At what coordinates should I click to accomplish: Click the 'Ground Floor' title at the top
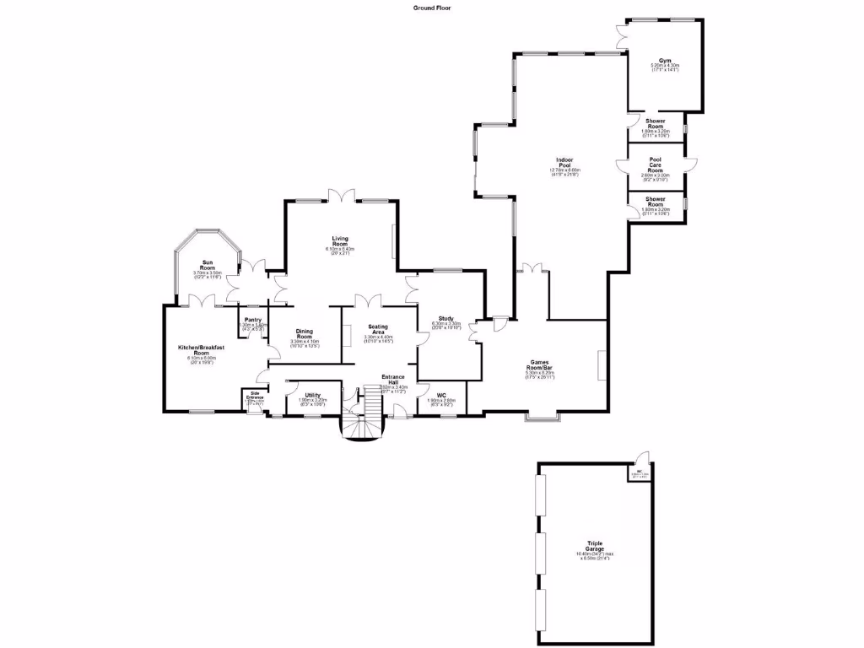point(431,8)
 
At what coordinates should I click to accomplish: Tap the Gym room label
point(665,62)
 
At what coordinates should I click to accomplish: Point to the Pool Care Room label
point(655,165)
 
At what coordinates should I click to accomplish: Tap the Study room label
point(445,319)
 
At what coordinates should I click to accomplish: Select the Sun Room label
point(207,267)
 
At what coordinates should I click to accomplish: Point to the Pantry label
point(253,320)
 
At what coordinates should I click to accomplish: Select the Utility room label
point(313,395)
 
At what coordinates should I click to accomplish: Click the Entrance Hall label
point(393,379)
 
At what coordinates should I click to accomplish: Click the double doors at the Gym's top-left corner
point(623,35)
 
